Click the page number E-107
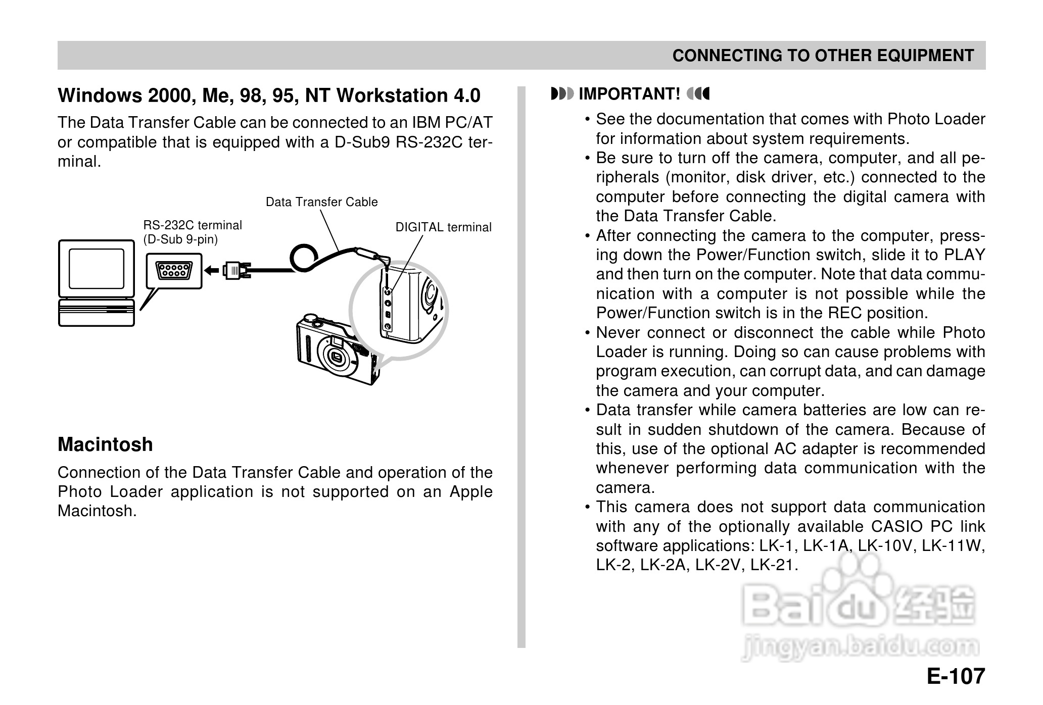point(956,676)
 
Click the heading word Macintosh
point(105,444)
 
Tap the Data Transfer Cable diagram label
point(321,202)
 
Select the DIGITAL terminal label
point(443,227)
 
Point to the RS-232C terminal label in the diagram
point(193,225)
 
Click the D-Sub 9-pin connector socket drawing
point(174,271)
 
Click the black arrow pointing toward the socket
point(212,271)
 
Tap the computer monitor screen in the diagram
point(96,268)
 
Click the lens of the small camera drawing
point(336,358)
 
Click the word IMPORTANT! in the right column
point(629,94)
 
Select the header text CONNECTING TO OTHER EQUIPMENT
point(823,56)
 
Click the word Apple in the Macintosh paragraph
point(471,491)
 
